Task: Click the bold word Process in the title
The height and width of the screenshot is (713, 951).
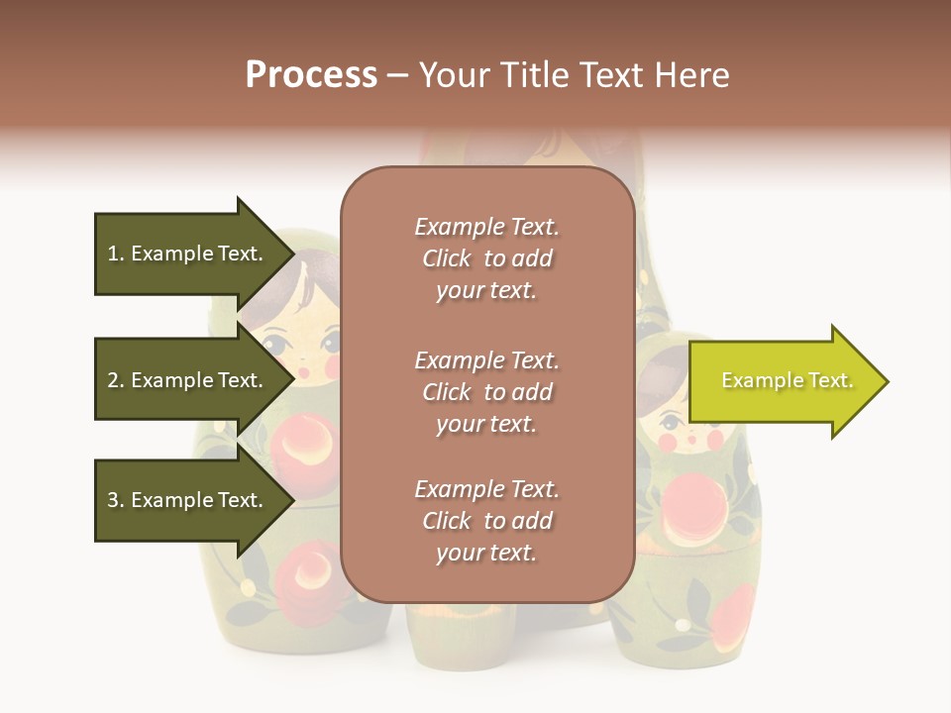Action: point(311,75)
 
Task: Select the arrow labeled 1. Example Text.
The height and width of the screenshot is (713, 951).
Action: point(188,254)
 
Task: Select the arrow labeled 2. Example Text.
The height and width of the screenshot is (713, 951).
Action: point(188,380)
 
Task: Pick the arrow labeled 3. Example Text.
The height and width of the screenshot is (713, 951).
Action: point(188,500)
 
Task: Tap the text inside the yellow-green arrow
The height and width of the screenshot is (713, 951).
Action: point(787,380)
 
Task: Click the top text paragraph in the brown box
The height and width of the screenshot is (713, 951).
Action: point(486,258)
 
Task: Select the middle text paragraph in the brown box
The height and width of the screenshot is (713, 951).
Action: point(486,392)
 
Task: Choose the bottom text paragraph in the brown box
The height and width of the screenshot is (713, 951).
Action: point(486,521)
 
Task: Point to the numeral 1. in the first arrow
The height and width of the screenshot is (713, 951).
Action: point(116,254)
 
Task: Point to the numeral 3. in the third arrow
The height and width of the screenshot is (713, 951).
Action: point(116,500)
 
